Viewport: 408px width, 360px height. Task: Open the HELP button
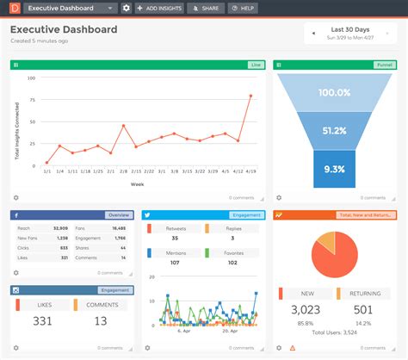244,8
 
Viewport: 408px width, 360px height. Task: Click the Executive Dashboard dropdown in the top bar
71,8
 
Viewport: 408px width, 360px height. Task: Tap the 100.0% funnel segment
335,91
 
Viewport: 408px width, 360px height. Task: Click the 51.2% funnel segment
335,131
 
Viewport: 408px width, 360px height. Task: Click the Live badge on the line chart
255,65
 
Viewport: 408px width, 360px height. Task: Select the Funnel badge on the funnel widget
384,65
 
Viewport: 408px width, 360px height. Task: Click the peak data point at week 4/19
250,96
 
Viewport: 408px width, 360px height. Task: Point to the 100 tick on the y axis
32,78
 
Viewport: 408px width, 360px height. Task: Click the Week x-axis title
138,184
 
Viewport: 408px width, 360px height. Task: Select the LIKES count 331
41,321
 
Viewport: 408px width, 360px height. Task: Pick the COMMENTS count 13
101,321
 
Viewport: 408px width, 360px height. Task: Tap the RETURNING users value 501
364,310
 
